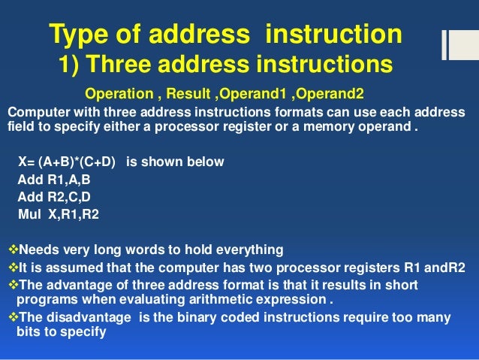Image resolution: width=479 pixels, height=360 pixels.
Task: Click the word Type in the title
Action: [x=78, y=34]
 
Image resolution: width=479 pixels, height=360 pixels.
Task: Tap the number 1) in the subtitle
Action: [x=71, y=65]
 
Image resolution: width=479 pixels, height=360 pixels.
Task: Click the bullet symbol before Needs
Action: [x=11, y=249]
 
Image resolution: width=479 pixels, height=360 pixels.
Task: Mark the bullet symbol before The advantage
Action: [x=11, y=285]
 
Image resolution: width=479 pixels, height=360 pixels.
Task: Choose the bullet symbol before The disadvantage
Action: [x=11, y=317]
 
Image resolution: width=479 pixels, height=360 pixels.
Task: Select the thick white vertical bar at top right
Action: [x=445, y=45]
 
